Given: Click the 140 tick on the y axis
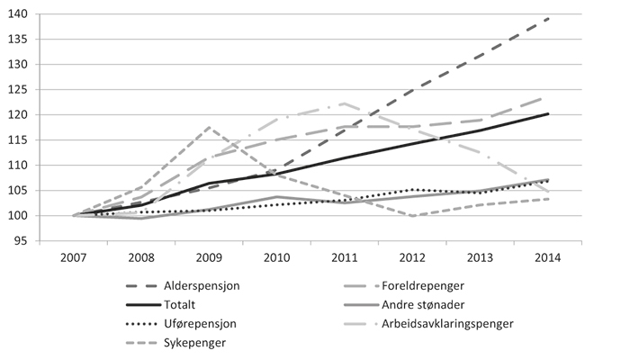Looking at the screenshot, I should point(20,14).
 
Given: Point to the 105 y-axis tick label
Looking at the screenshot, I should point(20,191).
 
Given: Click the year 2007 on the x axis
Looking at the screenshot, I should point(74,256).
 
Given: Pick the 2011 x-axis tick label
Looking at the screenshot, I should point(345,256).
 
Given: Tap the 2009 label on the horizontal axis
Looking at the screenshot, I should point(209,256).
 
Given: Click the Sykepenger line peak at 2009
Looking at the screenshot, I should point(209,128).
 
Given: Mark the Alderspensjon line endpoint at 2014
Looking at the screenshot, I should point(548,19).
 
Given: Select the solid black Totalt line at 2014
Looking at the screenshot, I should point(548,114).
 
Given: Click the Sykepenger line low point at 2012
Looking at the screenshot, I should point(412,216).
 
